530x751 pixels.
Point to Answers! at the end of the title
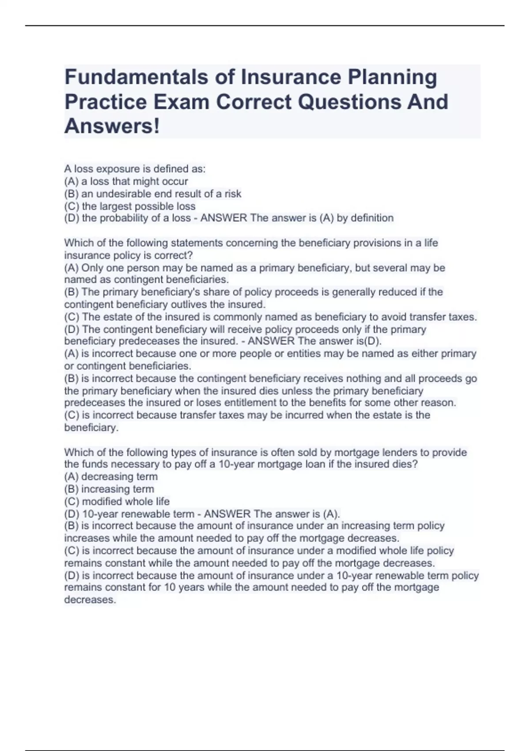coord(112,126)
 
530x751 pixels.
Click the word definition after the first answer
coord(371,218)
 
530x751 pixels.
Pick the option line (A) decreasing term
coord(111,477)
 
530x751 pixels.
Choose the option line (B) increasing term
coord(109,489)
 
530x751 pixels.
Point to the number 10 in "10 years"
coord(170,588)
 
